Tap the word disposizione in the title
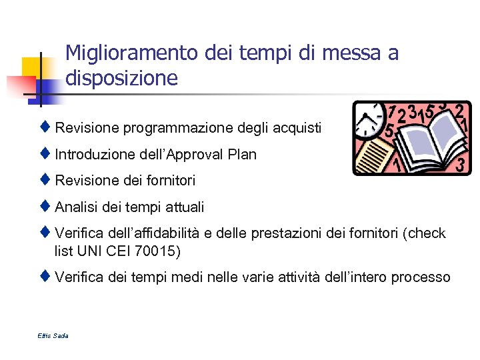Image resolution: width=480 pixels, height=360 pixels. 122,79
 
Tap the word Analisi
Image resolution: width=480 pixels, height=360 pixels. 76,207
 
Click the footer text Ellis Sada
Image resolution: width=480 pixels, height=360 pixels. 53,335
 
